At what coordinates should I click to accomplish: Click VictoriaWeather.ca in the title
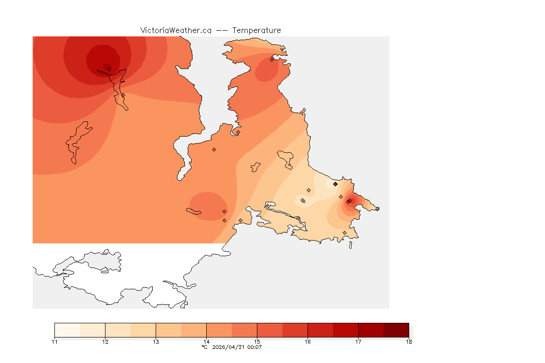176,30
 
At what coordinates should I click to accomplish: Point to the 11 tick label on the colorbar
54,342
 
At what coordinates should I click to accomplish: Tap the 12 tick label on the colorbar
105,342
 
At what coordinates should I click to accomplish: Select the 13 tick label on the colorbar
156,342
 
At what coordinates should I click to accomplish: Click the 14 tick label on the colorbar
206,342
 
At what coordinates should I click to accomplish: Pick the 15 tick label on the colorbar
257,342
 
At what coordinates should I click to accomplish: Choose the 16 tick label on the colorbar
308,342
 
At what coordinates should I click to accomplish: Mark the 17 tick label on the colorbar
358,342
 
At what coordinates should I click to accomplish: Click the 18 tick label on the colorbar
409,342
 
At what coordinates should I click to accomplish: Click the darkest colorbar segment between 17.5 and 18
396,330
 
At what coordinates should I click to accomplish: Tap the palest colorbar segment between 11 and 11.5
67,330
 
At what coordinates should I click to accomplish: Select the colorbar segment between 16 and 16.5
320,330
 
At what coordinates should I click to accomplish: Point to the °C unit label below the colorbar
204,347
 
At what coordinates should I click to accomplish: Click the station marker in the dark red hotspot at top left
109,69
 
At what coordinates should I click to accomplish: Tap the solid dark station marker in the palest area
335,184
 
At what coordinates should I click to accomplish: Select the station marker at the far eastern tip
377,209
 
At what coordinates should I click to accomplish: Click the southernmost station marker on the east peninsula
344,233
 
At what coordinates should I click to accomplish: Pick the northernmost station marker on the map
272,60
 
